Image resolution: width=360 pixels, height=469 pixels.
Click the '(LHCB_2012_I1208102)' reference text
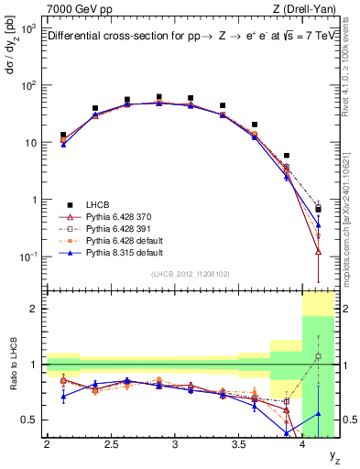[x=191, y=273]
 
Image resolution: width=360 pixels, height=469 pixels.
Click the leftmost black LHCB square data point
[x=63, y=135]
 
